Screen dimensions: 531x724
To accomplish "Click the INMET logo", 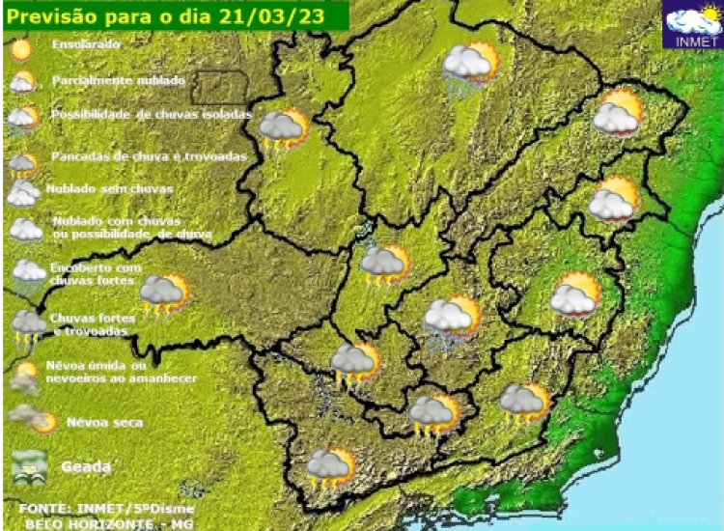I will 692,26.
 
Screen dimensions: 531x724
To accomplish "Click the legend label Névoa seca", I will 103,423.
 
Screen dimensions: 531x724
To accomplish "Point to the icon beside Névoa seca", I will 31,419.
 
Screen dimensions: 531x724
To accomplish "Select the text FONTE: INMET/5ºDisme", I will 106,508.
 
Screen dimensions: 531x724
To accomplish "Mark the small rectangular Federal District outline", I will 218,88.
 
